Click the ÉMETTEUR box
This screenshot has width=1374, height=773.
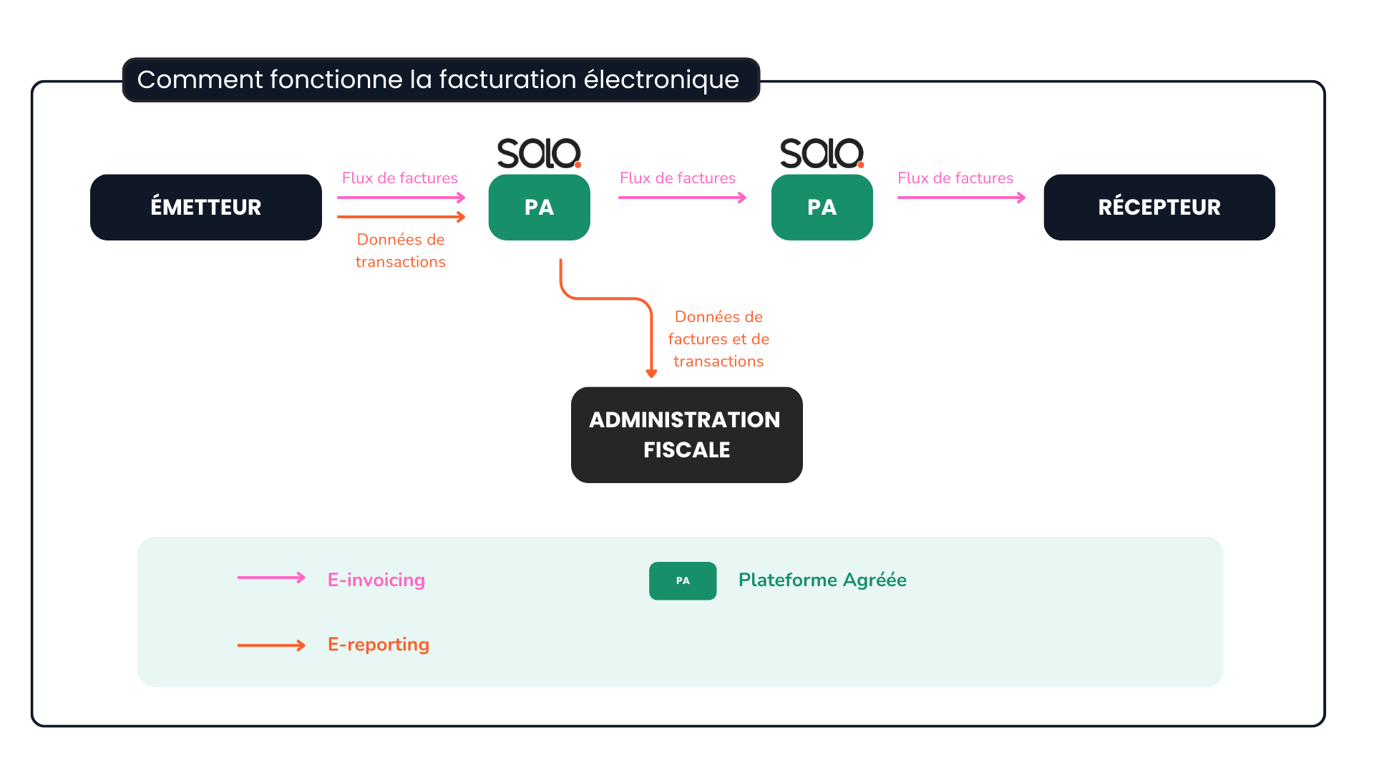click(x=206, y=207)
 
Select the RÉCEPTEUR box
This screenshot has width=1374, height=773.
click(x=1159, y=207)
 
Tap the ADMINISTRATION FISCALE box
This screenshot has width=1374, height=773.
click(x=686, y=434)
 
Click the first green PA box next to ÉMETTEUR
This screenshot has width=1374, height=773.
click(x=539, y=207)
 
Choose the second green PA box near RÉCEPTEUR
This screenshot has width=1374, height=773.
click(x=822, y=207)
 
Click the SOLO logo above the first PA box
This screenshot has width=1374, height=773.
click(x=539, y=153)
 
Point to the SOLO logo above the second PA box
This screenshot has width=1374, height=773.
click(x=822, y=153)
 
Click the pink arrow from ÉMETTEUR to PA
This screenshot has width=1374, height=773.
click(x=401, y=198)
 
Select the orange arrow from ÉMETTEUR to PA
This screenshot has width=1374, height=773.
click(x=401, y=216)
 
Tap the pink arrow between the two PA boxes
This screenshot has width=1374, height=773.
click(x=682, y=198)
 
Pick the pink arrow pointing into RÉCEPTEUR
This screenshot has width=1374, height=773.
click(x=961, y=198)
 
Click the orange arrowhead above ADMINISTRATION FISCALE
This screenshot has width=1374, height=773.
click(x=651, y=373)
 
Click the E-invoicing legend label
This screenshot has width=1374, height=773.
click(x=376, y=580)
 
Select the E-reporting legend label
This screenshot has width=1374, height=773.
click(x=379, y=644)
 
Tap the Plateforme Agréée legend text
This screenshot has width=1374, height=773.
click(x=822, y=580)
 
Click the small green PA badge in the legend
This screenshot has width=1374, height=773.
click(x=683, y=580)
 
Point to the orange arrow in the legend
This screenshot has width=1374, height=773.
click(x=271, y=646)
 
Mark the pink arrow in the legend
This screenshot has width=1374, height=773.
click(x=271, y=578)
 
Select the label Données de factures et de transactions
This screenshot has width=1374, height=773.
click(x=718, y=339)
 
